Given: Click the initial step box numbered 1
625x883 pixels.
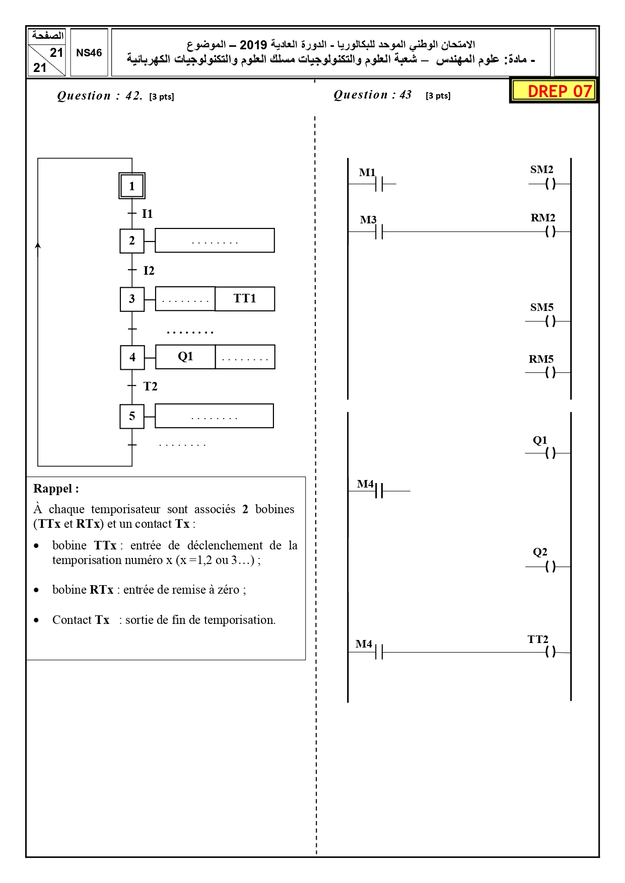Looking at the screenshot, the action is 132,186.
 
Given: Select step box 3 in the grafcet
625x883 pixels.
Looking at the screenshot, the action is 132,299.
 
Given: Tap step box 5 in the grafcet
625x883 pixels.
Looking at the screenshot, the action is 132,417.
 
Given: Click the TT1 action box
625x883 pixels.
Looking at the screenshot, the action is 245,299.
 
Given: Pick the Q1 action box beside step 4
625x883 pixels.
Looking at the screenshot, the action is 185,357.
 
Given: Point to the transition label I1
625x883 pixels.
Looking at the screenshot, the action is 147,214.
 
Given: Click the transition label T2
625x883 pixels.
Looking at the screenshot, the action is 150,386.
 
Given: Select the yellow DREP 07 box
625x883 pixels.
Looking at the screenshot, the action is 554,91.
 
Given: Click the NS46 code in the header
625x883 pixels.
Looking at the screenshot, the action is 89,53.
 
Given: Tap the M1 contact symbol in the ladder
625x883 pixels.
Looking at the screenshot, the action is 379,184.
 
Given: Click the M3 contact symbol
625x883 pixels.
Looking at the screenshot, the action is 379,232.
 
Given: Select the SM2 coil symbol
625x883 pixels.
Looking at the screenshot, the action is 550,184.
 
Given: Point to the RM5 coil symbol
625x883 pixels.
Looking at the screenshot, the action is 550,373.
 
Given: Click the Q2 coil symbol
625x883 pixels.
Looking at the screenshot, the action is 550,567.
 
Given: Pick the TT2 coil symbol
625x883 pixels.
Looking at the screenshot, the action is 550,652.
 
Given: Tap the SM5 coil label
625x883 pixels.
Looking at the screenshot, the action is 542,307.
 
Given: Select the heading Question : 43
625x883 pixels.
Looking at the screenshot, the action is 373,95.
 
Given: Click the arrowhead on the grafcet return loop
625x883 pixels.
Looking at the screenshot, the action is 38,246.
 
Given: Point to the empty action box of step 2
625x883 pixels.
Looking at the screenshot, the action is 215,240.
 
